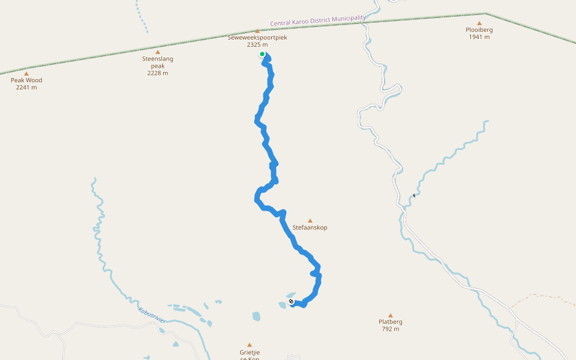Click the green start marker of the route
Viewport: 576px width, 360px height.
(262, 54)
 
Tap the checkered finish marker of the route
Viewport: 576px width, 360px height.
(291, 301)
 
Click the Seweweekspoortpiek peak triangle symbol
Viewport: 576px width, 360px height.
(257, 31)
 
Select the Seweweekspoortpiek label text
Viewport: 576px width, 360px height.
(257, 37)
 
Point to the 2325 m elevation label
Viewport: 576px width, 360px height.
(257, 44)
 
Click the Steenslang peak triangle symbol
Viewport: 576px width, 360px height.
(158, 52)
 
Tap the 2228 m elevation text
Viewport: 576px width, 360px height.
(158, 73)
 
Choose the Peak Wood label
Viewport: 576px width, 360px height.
(26, 80)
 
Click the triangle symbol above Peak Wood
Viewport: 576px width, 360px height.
(26, 73)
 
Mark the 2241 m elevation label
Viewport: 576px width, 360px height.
(26, 87)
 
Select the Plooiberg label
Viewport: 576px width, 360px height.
(479, 29)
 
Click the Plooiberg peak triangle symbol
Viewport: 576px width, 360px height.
(479, 23)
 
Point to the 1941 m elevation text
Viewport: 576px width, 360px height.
(479, 37)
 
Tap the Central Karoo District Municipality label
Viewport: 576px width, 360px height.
(317, 20)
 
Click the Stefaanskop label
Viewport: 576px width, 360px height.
(310, 227)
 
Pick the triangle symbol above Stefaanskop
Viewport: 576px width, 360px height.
(310, 220)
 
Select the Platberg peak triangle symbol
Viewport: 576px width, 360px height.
(390, 315)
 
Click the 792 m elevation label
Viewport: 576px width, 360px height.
(390, 329)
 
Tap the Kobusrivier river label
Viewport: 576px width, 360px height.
(152, 316)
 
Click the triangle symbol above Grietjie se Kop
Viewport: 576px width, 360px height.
(250, 345)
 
